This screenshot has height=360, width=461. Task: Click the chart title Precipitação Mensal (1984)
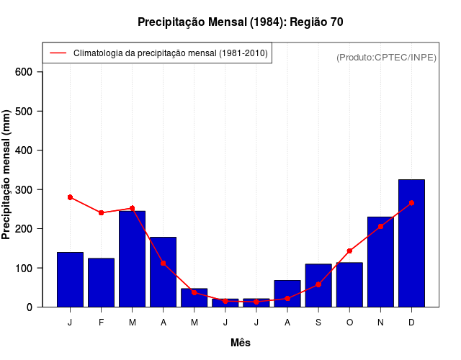point(240,22)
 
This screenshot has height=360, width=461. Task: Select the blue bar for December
point(411,243)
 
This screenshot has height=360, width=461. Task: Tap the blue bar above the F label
point(102,282)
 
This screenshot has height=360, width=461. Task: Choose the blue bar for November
point(380,262)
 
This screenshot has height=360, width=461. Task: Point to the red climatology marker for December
point(411,203)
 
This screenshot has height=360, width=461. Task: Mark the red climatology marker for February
point(102,212)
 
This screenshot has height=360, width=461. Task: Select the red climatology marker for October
point(349,251)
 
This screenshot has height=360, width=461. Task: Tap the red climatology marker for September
point(318,284)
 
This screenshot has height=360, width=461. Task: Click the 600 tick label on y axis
point(24,72)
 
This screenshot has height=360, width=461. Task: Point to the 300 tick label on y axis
point(24,189)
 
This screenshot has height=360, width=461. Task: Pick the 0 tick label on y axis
point(30,307)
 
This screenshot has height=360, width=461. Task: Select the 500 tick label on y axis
point(24,111)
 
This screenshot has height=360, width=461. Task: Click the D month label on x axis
point(411,322)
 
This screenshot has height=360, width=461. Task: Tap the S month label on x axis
point(318,322)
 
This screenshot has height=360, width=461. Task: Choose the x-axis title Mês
point(241,343)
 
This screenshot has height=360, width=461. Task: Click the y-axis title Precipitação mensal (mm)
point(7,174)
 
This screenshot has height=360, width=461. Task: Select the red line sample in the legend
point(58,53)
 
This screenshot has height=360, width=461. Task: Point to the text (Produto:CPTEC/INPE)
point(386,57)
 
